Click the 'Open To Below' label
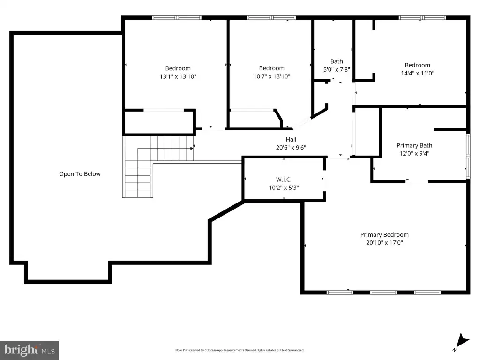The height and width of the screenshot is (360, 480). click(80, 174)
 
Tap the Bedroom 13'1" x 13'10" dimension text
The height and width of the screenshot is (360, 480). click(178, 76)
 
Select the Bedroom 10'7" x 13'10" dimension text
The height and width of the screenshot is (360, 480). click(271, 76)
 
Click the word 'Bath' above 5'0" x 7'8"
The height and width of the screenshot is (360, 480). click(337, 61)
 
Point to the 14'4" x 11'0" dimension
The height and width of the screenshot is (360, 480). click(418, 73)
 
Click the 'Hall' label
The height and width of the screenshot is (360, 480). click(291, 140)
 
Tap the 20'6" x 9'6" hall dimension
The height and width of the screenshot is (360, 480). click(291, 148)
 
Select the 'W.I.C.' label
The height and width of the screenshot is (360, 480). click(284, 180)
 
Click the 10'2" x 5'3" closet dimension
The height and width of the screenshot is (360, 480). click(284, 187)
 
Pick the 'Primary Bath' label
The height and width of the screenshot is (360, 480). click(414, 145)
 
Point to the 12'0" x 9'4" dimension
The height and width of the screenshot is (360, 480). click(414, 153)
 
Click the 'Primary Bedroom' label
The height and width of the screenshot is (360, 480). click(384, 235)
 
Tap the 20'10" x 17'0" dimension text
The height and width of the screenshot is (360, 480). click(384, 243)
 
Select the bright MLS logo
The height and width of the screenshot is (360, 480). click(30, 350)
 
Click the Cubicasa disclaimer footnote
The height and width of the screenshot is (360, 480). click(240, 350)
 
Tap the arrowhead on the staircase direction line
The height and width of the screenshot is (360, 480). click(192, 149)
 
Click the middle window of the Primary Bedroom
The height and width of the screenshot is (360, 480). click(383, 292)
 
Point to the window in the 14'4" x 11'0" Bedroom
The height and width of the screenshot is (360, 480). click(422, 18)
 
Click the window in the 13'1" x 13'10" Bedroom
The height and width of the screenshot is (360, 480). click(177, 18)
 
